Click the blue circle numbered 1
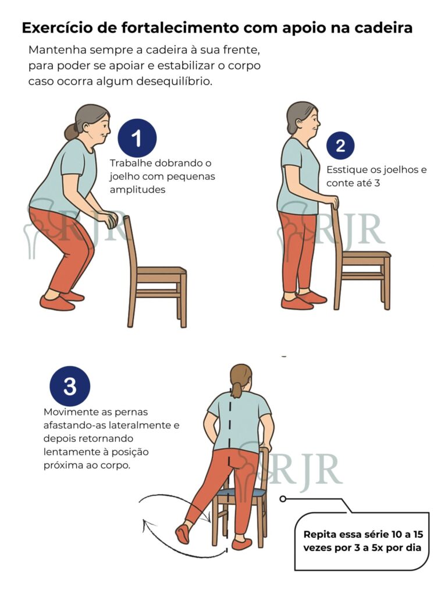pos(137,139)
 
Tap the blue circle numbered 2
pos(340,145)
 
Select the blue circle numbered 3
pos(70,386)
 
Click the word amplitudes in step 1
pos(137,190)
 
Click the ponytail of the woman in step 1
pos(71,131)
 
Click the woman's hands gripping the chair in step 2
pos(333,201)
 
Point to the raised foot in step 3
pos(183,534)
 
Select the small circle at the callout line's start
pos(282,499)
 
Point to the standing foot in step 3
pos(241,544)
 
